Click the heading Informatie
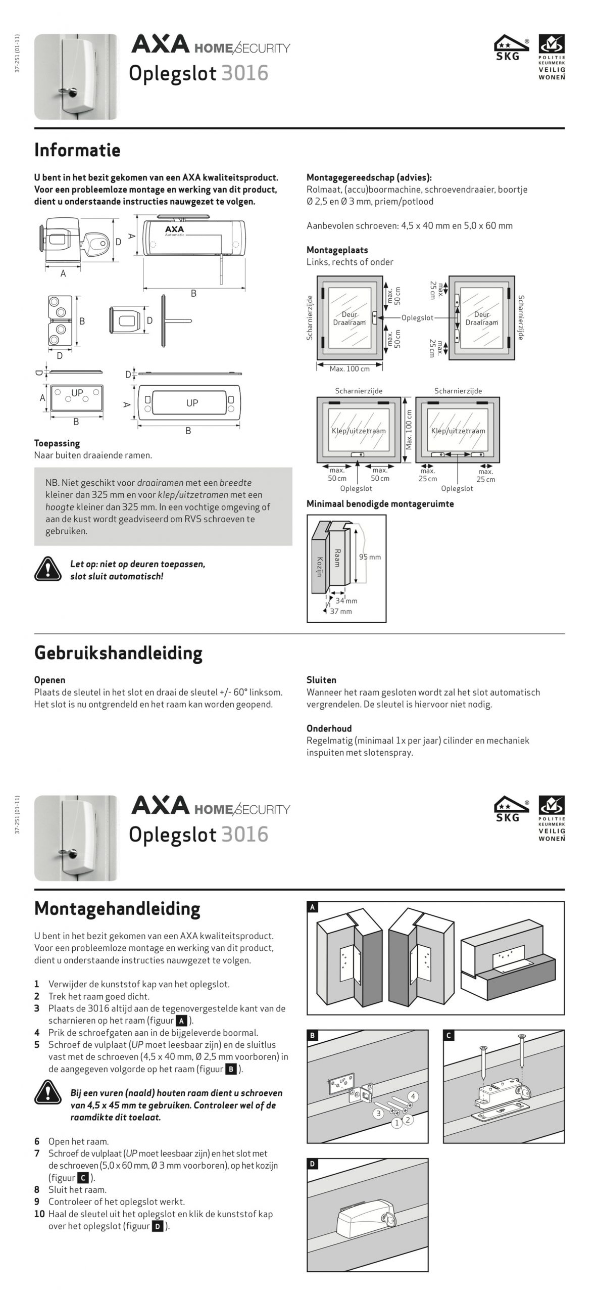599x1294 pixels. click(77, 150)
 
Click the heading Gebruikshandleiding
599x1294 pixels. click(118, 653)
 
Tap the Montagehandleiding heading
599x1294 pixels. click(117, 908)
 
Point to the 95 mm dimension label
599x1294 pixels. click(370, 557)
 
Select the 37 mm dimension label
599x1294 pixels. click(341, 611)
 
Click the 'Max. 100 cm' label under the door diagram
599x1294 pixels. click(350, 369)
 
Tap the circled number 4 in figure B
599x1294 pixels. click(413, 1096)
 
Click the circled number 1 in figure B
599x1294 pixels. click(397, 1123)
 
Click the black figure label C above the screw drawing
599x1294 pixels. click(448, 1036)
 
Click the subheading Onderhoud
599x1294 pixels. click(329, 728)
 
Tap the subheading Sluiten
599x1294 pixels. click(321, 680)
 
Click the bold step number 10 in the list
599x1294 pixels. click(39, 1214)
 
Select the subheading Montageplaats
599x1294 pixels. click(337, 250)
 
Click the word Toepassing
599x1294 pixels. click(57, 443)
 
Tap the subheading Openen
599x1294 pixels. click(49, 680)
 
